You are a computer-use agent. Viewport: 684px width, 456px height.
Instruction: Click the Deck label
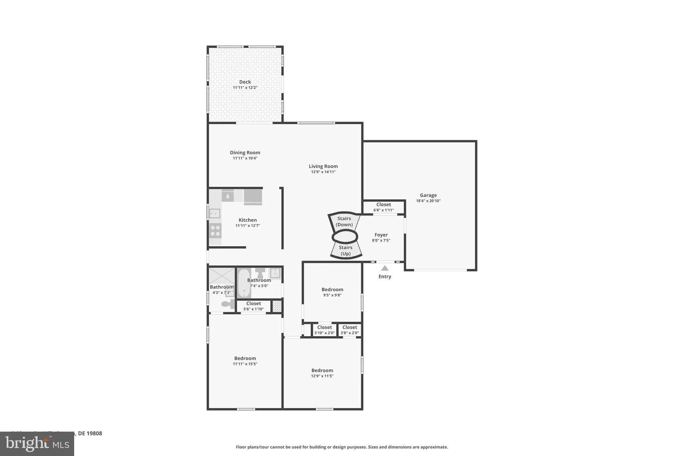point(245,82)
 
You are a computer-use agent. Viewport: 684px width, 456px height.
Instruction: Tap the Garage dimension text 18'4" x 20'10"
point(428,201)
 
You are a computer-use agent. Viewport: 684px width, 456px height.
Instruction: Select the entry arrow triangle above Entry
point(385,268)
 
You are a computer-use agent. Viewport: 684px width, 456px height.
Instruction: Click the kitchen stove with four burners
point(215,230)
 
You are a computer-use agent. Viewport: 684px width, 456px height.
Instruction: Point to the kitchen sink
point(214,213)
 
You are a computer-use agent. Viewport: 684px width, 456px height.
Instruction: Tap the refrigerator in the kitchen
point(253,197)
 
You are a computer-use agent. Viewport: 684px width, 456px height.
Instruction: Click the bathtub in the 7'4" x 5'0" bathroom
point(244,283)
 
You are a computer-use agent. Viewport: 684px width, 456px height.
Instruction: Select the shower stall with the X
point(222,276)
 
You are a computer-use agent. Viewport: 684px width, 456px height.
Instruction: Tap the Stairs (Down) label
point(344,221)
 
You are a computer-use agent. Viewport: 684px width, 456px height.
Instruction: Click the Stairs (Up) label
point(345,251)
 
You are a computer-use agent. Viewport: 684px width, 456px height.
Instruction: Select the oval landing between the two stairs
point(345,237)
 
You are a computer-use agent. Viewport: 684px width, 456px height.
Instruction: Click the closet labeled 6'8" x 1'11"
point(383,207)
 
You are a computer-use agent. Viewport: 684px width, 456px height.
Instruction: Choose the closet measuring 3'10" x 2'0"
point(324,330)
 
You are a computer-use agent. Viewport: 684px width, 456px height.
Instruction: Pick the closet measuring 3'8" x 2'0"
point(350,330)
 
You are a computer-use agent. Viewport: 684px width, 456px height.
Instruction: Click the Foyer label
point(381,235)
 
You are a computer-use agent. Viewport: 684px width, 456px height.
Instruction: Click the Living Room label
point(323,166)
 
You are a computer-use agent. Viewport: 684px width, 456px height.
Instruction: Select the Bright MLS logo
point(37,444)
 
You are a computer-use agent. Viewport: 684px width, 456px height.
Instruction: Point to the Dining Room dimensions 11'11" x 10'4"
point(245,158)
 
